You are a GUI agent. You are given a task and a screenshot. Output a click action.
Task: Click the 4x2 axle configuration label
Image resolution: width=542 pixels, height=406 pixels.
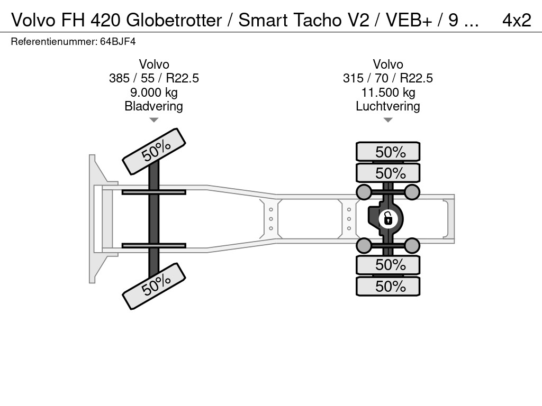click(516, 20)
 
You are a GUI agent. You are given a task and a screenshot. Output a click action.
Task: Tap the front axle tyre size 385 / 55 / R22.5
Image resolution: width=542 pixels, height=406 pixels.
click(153, 78)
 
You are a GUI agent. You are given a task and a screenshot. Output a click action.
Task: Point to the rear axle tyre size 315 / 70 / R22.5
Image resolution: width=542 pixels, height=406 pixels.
click(387, 78)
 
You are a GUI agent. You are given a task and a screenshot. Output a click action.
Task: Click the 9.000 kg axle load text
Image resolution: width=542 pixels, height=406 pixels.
click(153, 93)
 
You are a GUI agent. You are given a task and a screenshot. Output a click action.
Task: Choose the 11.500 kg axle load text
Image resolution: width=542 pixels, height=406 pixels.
click(387, 93)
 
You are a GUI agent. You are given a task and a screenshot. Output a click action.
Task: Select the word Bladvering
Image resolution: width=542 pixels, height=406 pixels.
click(153, 106)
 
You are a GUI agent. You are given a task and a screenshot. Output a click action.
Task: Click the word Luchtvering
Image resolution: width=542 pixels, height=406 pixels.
click(387, 106)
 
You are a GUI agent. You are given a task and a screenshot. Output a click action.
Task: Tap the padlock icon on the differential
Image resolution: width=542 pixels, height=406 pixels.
click(388, 217)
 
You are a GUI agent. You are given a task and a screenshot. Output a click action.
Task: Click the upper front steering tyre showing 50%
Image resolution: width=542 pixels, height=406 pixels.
click(155, 151)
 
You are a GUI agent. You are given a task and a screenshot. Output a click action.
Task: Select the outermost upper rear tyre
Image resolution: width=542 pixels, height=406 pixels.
click(388, 152)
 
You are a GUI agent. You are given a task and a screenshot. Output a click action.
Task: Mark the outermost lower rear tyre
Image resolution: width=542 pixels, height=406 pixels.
click(388, 287)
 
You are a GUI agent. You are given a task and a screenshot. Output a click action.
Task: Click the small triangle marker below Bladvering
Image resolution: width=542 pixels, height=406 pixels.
click(153, 120)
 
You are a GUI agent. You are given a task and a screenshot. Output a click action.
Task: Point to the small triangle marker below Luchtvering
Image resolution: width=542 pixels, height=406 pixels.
click(387, 120)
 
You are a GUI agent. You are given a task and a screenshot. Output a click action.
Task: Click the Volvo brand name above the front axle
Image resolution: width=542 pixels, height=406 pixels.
click(153, 64)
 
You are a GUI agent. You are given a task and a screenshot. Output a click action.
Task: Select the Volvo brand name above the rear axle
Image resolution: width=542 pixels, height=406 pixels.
click(387, 64)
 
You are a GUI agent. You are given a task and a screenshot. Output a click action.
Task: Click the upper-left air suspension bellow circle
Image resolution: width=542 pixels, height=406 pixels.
click(364, 191)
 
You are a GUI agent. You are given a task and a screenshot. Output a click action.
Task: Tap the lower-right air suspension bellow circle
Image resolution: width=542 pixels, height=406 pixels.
click(412, 245)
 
